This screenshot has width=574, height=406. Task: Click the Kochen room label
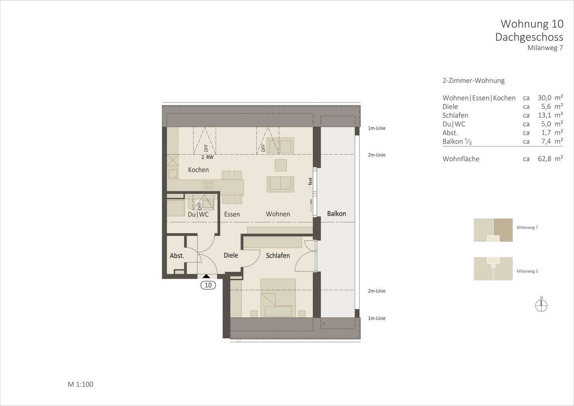pyautogui.click(x=198, y=170)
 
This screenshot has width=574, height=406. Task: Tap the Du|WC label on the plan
pyautogui.click(x=198, y=214)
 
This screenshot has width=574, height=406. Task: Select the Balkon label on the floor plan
pyautogui.click(x=336, y=214)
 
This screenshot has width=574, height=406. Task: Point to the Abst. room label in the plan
pyautogui.click(x=177, y=256)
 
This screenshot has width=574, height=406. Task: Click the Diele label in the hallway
pyautogui.click(x=231, y=255)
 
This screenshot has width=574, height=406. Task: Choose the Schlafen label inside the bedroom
pyautogui.click(x=278, y=255)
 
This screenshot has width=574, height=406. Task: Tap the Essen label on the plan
pyautogui.click(x=232, y=214)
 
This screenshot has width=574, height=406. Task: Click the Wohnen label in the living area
pyautogui.click(x=278, y=214)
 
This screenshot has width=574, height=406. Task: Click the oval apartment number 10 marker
pyautogui.click(x=208, y=285)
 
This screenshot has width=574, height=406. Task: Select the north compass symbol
pyautogui.click(x=541, y=305)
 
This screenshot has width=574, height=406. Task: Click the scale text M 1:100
pyautogui.click(x=81, y=384)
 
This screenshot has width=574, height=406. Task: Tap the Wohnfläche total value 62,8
pyautogui.click(x=545, y=159)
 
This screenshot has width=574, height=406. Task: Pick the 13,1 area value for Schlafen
pyautogui.click(x=545, y=115)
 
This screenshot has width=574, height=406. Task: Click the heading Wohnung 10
pyautogui.click(x=532, y=24)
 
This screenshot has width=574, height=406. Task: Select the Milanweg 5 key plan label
pyautogui.click(x=527, y=271)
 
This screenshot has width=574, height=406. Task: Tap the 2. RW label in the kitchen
pyautogui.click(x=207, y=158)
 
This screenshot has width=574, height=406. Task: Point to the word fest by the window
pyautogui.click(x=310, y=181)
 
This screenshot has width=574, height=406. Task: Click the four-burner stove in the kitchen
pyautogui.click(x=208, y=185)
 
